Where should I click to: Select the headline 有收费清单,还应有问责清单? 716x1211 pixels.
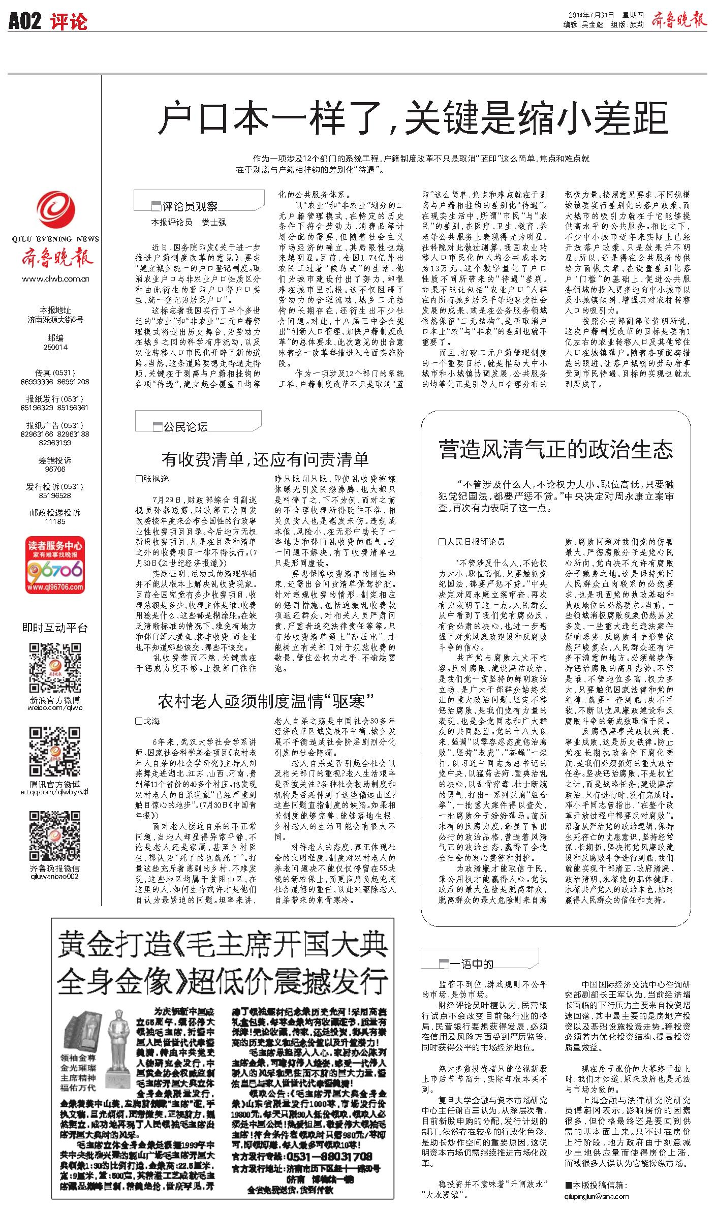[x=265, y=459]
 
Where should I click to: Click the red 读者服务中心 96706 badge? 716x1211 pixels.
[x=55, y=566]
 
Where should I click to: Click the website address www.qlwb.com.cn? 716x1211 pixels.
[x=55, y=278]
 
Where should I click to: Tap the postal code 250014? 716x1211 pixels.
[x=55, y=347]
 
